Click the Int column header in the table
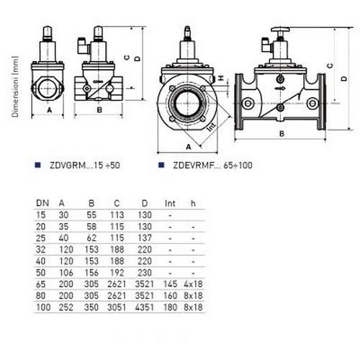coord(170,204)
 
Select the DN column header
coord(42,203)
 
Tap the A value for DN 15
coord(63,215)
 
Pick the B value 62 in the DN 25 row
coord(91,238)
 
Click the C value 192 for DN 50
coord(117,273)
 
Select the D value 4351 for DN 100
coord(144,307)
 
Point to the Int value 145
coord(170,284)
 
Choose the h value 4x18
coord(193,284)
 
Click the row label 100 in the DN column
coord(43,307)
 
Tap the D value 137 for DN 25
coord(145,238)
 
